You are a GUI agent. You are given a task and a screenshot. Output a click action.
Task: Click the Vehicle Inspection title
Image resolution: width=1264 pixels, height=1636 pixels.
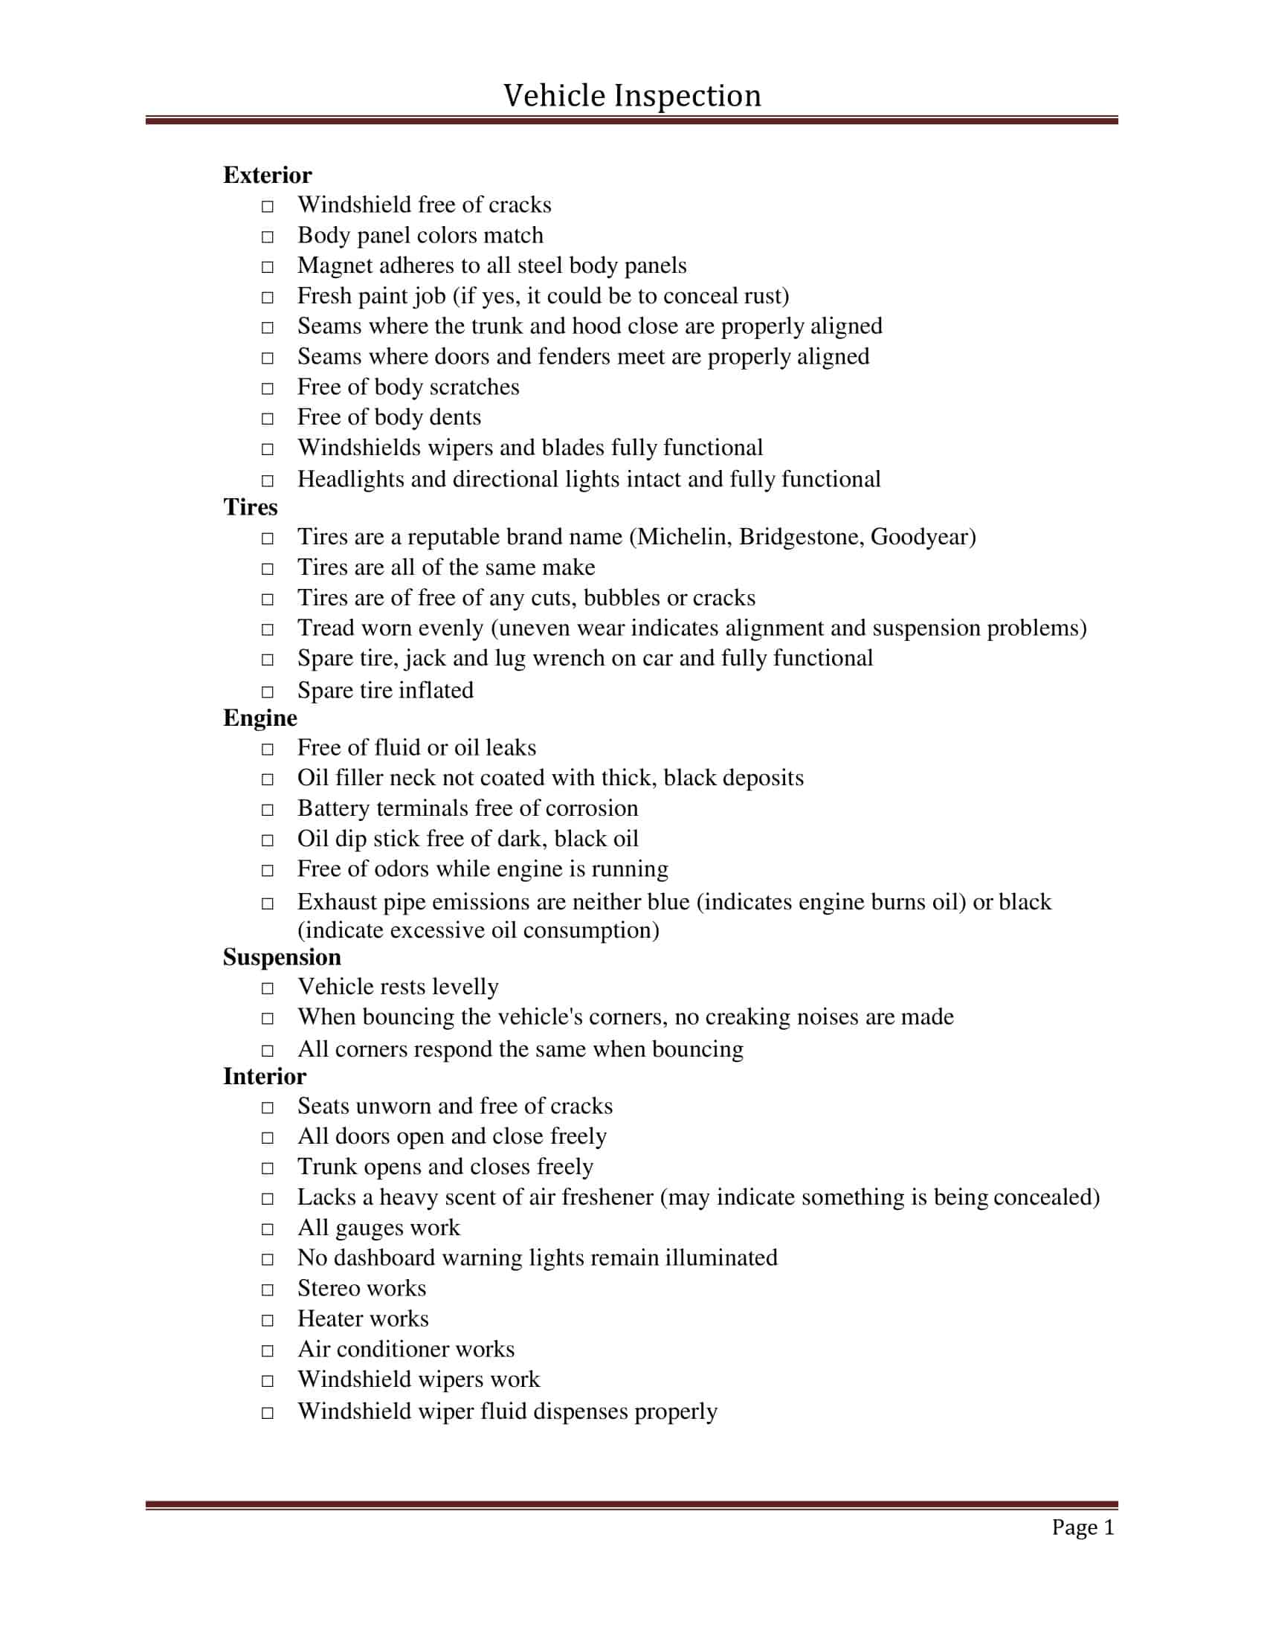[x=632, y=96]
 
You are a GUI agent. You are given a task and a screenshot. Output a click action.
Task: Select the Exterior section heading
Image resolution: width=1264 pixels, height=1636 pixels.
[x=268, y=175]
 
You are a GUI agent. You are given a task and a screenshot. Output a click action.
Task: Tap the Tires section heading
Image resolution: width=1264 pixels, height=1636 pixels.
[x=250, y=507]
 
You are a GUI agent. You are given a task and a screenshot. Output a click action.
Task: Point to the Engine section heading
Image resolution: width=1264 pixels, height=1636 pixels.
[x=259, y=718]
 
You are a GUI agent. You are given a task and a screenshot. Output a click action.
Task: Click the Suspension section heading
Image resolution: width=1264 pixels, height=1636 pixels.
[x=282, y=957]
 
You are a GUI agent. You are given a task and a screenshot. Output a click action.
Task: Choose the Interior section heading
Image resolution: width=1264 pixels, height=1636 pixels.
[x=265, y=1077]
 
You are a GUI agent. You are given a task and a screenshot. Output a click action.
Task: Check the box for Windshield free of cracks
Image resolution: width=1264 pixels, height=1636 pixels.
[x=268, y=206]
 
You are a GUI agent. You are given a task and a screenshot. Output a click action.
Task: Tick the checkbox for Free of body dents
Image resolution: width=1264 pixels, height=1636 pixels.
[x=268, y=419]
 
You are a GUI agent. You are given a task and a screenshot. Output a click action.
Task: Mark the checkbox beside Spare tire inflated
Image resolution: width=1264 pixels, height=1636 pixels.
[x=268, y=692]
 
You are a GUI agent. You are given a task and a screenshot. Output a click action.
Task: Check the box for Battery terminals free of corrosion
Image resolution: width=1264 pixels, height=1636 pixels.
[x=268, y=810]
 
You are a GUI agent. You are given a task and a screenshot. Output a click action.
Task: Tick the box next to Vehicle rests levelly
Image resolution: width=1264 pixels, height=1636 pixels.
[x=268, y=989]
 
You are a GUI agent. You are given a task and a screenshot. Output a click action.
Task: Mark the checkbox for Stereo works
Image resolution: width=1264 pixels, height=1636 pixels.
[x=268, y=1290]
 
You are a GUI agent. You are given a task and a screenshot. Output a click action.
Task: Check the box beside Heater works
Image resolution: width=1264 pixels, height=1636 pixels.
[x=268, y=1321]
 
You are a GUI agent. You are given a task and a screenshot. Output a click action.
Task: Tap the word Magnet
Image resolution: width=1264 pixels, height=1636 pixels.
[x=334, y=266]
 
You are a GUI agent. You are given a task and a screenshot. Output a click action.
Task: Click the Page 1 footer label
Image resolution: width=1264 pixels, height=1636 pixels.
[x=1083, y=1527]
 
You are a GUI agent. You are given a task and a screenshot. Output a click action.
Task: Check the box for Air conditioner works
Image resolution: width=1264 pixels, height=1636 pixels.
[x=268, y=1351]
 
